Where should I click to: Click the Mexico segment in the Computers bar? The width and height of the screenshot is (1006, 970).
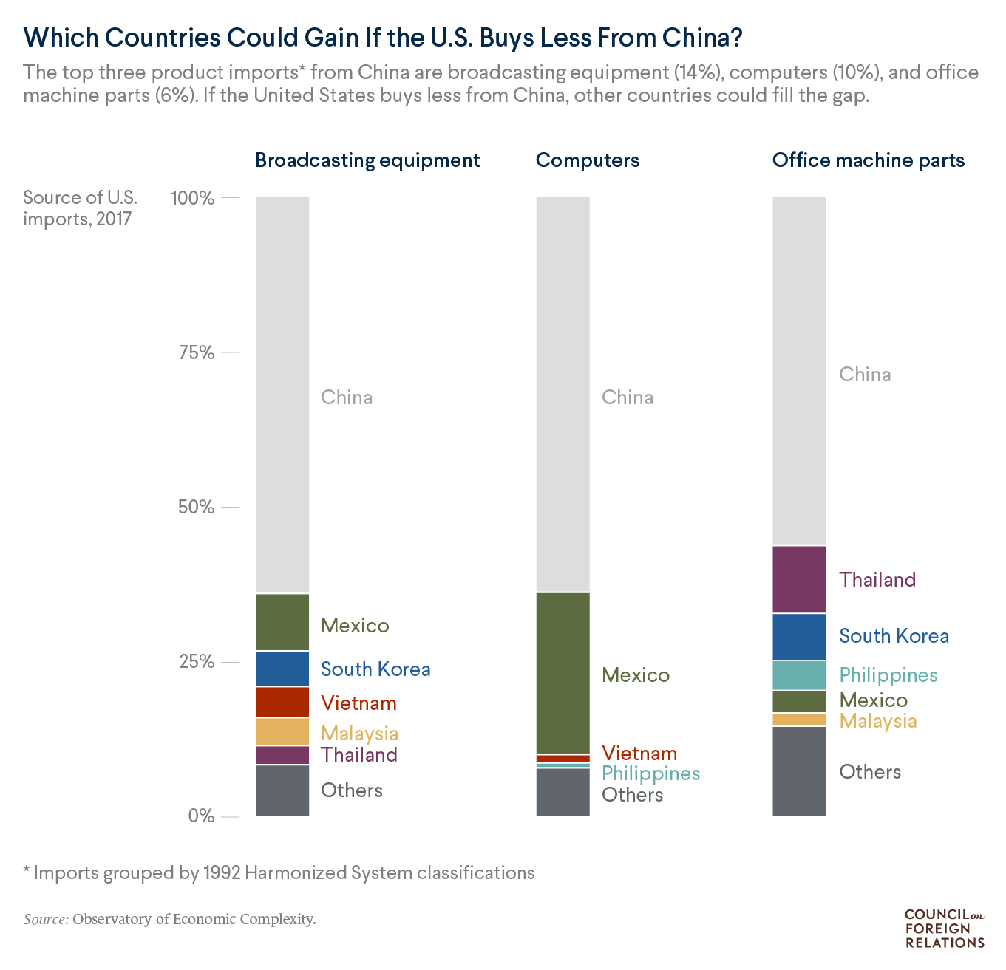[x=563, y=673]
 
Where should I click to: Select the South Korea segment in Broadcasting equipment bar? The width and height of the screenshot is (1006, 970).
[x=282, y=669]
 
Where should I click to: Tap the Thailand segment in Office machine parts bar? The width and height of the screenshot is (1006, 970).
[x=799, y=579]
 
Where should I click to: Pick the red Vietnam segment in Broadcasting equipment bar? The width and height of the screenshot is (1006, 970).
[x=282, y=702]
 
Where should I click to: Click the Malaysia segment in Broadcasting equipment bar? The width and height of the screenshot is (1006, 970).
[x=282, y=731]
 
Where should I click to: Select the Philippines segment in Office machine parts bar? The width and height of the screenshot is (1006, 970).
[x=799, y=675]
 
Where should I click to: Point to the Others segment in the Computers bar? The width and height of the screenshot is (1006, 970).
[x=563, y=792]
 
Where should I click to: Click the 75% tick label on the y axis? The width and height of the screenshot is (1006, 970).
[x=197, y=352]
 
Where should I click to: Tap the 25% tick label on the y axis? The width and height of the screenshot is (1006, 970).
[x=197, y=661]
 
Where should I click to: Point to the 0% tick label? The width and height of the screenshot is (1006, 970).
[x=201, y=816]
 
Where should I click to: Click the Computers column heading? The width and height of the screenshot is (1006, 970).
[x=588, y=160]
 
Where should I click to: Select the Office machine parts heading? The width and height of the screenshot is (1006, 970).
[x=869, y=160]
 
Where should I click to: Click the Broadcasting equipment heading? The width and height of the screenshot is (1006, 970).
[x=367, y=160]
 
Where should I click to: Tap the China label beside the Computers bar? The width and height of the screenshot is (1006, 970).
[x=628, y=397]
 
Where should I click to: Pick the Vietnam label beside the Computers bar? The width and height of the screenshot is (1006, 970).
[x=639, y=754]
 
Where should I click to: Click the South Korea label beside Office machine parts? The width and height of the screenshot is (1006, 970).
[x=894, y=636]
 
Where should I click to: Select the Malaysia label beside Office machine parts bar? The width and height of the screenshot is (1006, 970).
[x=878, y=721]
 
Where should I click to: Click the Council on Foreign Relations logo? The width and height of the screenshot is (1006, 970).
[x=945, y=928]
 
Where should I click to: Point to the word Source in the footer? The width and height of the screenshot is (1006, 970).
[x=46, y=920]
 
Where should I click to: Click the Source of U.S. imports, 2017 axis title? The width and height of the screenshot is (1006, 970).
[x=80, y=208]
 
